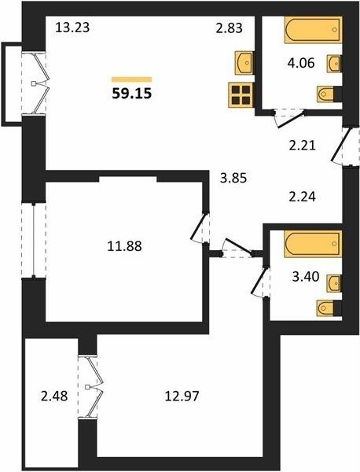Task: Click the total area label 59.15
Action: (x=132, y=94)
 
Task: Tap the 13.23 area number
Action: (x=73, y=28)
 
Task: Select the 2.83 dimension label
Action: (x=230, y=28)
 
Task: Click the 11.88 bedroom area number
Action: (x=124, y=246)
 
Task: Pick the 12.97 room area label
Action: (x=182, y=396)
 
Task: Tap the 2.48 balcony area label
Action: (x=54, y=396)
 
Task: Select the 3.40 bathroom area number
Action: (x=306, y=276)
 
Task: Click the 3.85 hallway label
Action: (x=233, y=179)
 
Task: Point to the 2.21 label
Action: (x=302, y=146)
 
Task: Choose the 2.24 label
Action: (x=302, y=197)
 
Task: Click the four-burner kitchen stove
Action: (x=241, y=95)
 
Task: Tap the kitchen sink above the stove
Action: (x=244, y=63)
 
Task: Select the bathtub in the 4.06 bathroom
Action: (x=314, y=30)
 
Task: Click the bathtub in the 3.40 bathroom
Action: (x=313, y=244)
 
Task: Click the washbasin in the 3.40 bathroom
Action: (x=334, y=283)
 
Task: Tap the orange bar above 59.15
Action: (x=132, y=79)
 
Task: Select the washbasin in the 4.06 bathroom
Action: (x=334, y=64)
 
